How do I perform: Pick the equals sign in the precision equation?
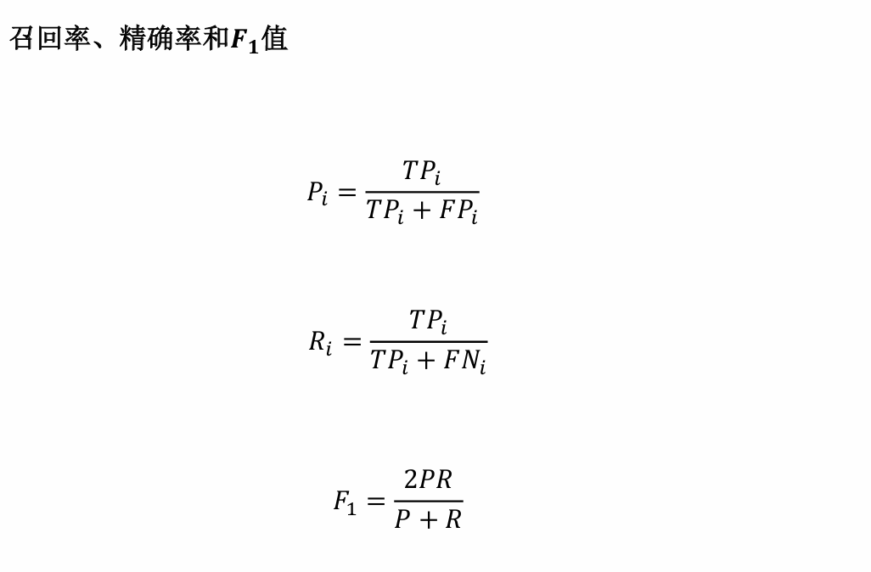346,193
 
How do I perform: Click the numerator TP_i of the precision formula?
422,172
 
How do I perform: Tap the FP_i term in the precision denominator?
458,212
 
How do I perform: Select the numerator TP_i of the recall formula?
428,322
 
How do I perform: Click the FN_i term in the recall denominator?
464,362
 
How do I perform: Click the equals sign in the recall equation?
351,342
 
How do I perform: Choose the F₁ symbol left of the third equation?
345,502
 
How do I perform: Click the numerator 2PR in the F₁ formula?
428,480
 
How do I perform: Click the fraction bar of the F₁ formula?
428,501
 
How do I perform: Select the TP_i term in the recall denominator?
390,362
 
